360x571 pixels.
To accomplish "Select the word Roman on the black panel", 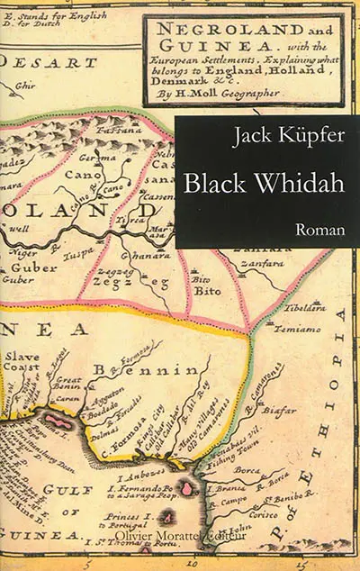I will [321, 230].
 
